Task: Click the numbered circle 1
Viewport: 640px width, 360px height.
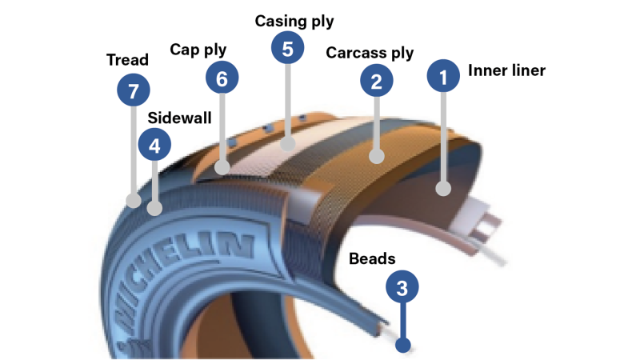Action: coord(442,78)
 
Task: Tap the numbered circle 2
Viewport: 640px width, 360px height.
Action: coord(376,80)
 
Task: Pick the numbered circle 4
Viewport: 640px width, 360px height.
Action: coord(154,146)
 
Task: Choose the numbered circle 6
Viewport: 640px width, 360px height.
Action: coord(222,78)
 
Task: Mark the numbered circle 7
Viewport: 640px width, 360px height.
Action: coord(133,90)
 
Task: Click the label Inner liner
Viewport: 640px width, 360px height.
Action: coord(506,70)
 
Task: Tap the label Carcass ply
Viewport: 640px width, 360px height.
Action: coord(370,53)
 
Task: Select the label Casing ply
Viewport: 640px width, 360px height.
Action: coord(294,21)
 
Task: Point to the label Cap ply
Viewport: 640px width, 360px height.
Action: coord(198,50)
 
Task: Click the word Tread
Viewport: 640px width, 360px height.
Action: coord(128,60)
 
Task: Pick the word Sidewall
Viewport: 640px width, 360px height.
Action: coord(180,118)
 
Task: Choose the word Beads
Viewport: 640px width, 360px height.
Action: coord(372,258)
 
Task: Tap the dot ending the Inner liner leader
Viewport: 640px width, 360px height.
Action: coord(442,189)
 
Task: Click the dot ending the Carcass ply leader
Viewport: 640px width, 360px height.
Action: coord(376,155)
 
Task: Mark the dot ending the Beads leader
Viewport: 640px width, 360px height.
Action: coord(404,346)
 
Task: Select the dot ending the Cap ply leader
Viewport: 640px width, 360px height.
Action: coord(222,167)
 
